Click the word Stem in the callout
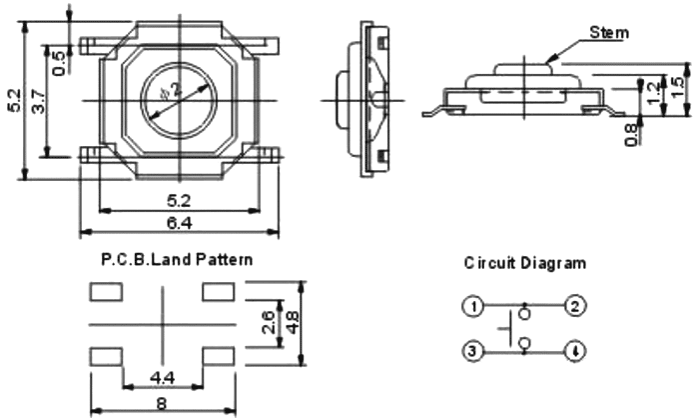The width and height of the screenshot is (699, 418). (x=609, y=32)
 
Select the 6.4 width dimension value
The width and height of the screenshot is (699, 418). (x=180, y=222)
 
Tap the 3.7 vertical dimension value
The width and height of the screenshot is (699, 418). (x=38, y=100)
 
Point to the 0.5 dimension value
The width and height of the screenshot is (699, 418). (x=59, y=62)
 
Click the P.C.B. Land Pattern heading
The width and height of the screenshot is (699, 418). (x=177, y=258)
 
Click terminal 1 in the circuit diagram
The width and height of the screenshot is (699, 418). (x=474, y=306)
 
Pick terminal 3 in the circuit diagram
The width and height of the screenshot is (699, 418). (x=474, y=350)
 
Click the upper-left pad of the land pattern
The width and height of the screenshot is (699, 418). (x=105, y=292)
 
